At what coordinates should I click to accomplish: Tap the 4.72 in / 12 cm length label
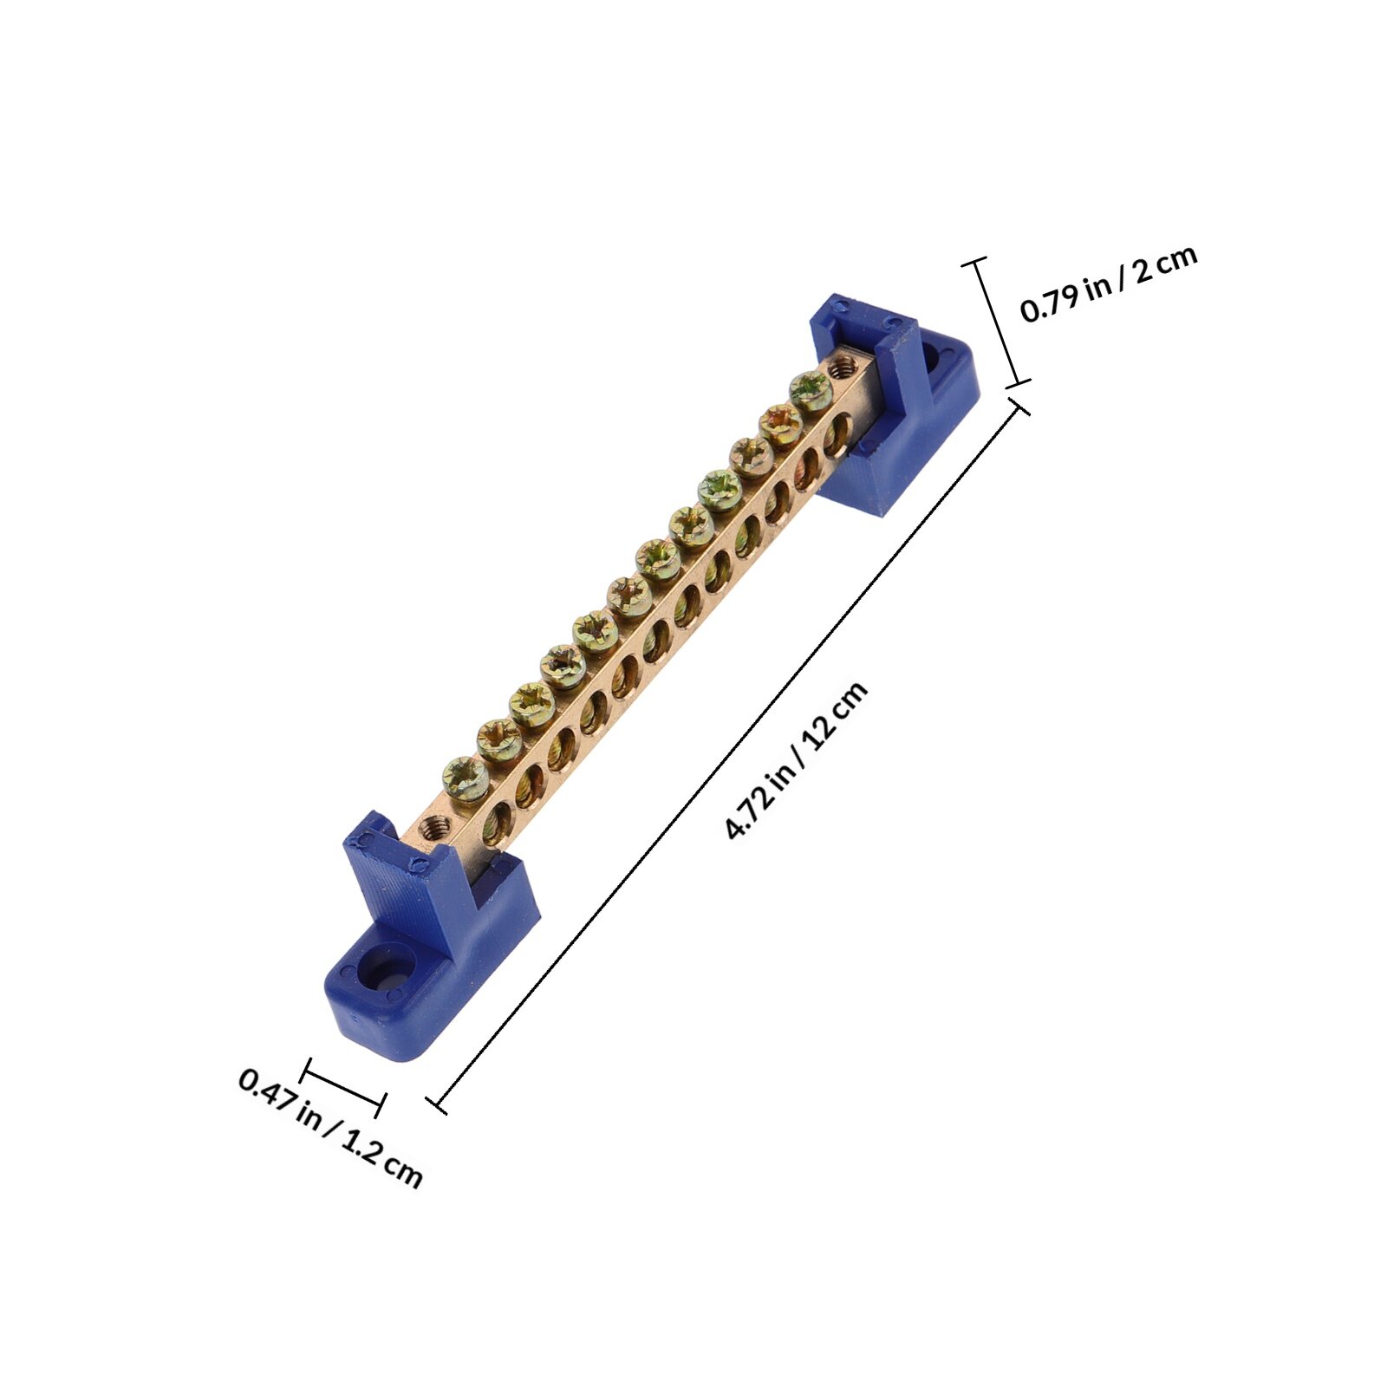797,761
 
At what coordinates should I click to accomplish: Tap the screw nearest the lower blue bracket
466,778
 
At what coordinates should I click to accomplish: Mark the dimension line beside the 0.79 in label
997,321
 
